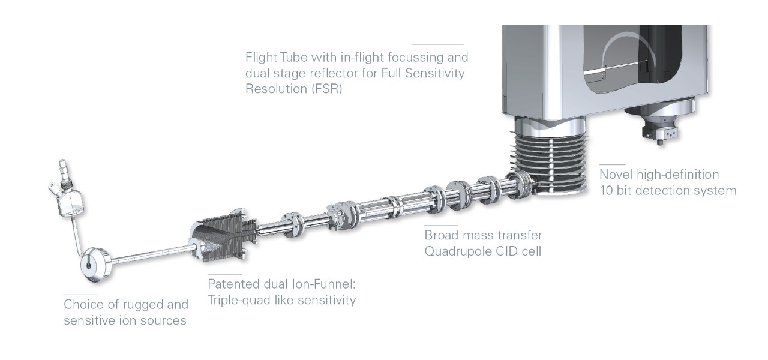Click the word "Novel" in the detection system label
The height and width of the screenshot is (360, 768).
(616, 175)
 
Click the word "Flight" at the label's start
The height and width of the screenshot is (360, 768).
(261, 57)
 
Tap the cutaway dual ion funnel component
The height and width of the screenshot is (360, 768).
(223, 236)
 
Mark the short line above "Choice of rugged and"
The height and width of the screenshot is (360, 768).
(80, 294)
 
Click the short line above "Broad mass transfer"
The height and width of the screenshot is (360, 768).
(441, 225)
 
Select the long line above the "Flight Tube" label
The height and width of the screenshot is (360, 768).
(437, 44)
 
